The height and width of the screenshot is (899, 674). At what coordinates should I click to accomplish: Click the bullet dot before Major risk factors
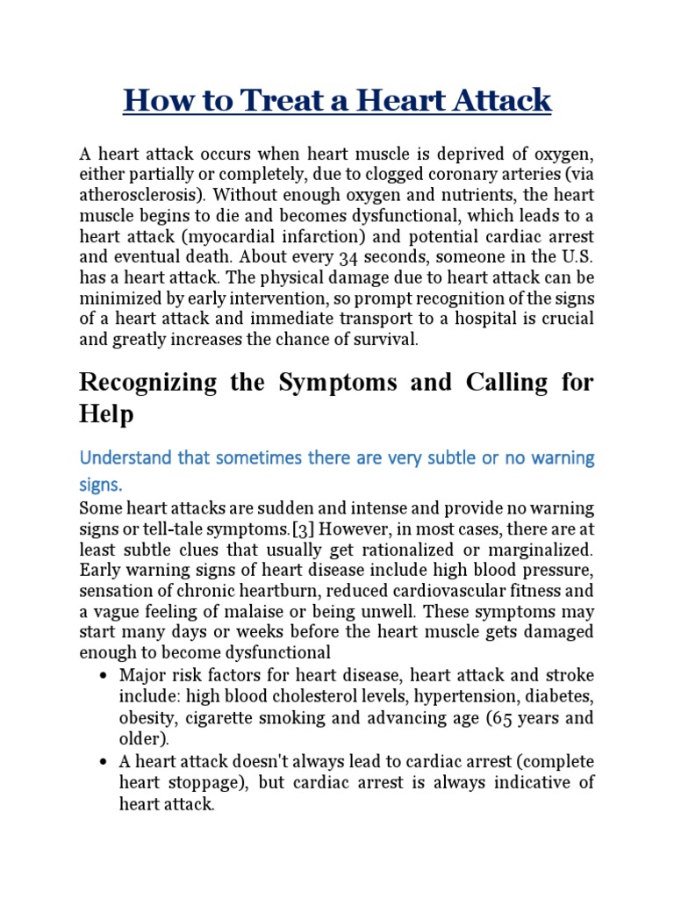point(104,676)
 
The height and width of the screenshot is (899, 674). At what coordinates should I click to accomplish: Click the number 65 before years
point(498,716)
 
